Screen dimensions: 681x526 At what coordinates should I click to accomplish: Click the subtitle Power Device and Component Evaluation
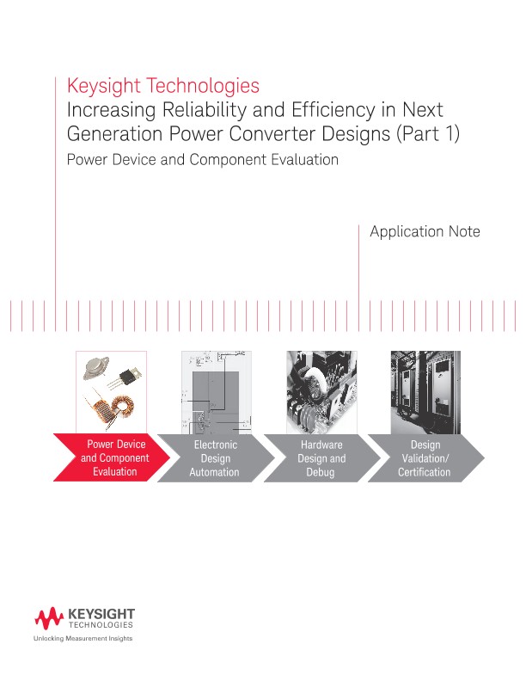pyautogui.click(x=202, y=160)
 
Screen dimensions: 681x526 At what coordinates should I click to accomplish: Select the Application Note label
pyautogui.click(x=424, y=231)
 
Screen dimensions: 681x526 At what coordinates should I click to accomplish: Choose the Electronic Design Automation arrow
pyautogui.click(x=214, y=458)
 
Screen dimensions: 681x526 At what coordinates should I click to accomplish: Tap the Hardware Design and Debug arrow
pyautogui.click(x=321, y=458)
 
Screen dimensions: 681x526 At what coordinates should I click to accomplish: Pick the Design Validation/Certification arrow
pyautogui.click(x=424, y=458)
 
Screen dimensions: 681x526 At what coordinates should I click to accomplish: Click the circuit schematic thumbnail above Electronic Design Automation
pyautogui.click(x=215, y=392)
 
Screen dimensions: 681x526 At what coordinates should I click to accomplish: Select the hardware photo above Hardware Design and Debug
pyautogui.click(x=321, y=392)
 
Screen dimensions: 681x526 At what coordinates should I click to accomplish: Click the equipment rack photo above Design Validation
pyautogui.click(x=425, y=392)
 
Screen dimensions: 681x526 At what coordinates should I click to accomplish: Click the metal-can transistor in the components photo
pyautogui.click(x=96, y=368)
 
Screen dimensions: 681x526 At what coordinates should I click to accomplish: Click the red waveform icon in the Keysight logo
pyautogui.click(x=49, y=617)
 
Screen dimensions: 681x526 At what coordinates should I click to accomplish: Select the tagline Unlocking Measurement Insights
pyautogui.click(x=83, y=639)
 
